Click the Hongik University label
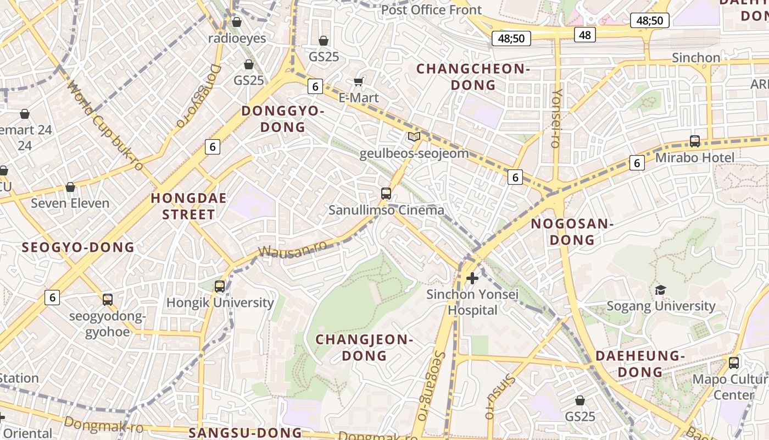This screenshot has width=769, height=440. (220, 302)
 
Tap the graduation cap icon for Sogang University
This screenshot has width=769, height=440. (661, 290)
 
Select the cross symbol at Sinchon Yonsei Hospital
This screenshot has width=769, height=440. (472, 278)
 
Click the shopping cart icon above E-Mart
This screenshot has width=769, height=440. (359, 82)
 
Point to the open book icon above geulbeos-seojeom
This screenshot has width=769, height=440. (414, 136)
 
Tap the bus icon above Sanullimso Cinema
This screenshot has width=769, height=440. (386, 194)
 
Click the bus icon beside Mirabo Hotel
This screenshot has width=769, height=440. (695, 141)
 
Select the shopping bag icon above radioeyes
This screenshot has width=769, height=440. (237, 22)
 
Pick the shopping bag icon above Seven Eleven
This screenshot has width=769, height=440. (70, 187)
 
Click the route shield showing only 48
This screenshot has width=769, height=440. (585, 35)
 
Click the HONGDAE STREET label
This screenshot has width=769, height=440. (188, 206)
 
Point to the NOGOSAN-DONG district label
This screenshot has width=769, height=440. (572, 232)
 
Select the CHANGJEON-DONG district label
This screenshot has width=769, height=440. (364, 348)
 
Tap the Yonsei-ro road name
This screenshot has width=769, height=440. (556, 118)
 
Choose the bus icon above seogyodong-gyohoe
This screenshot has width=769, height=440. (108, 300)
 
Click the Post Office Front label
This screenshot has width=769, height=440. (431, 10)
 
